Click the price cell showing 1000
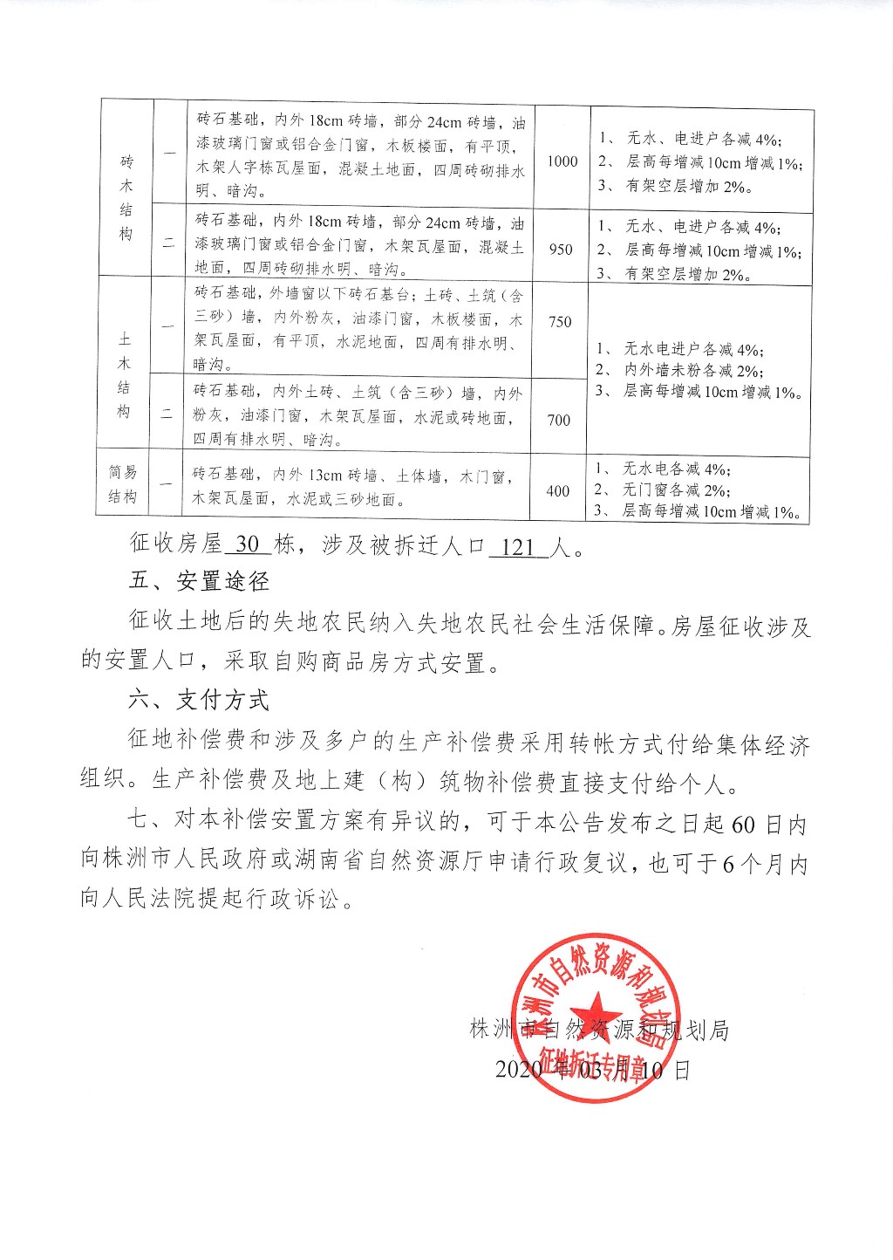562,161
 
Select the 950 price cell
561,250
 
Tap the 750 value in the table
560,322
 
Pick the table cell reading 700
558,421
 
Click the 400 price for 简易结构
557,491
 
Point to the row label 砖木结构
126,198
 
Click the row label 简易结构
123,484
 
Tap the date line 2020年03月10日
592,1070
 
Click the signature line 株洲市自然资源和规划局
598,1031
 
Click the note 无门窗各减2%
677,490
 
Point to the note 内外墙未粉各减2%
692,371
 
